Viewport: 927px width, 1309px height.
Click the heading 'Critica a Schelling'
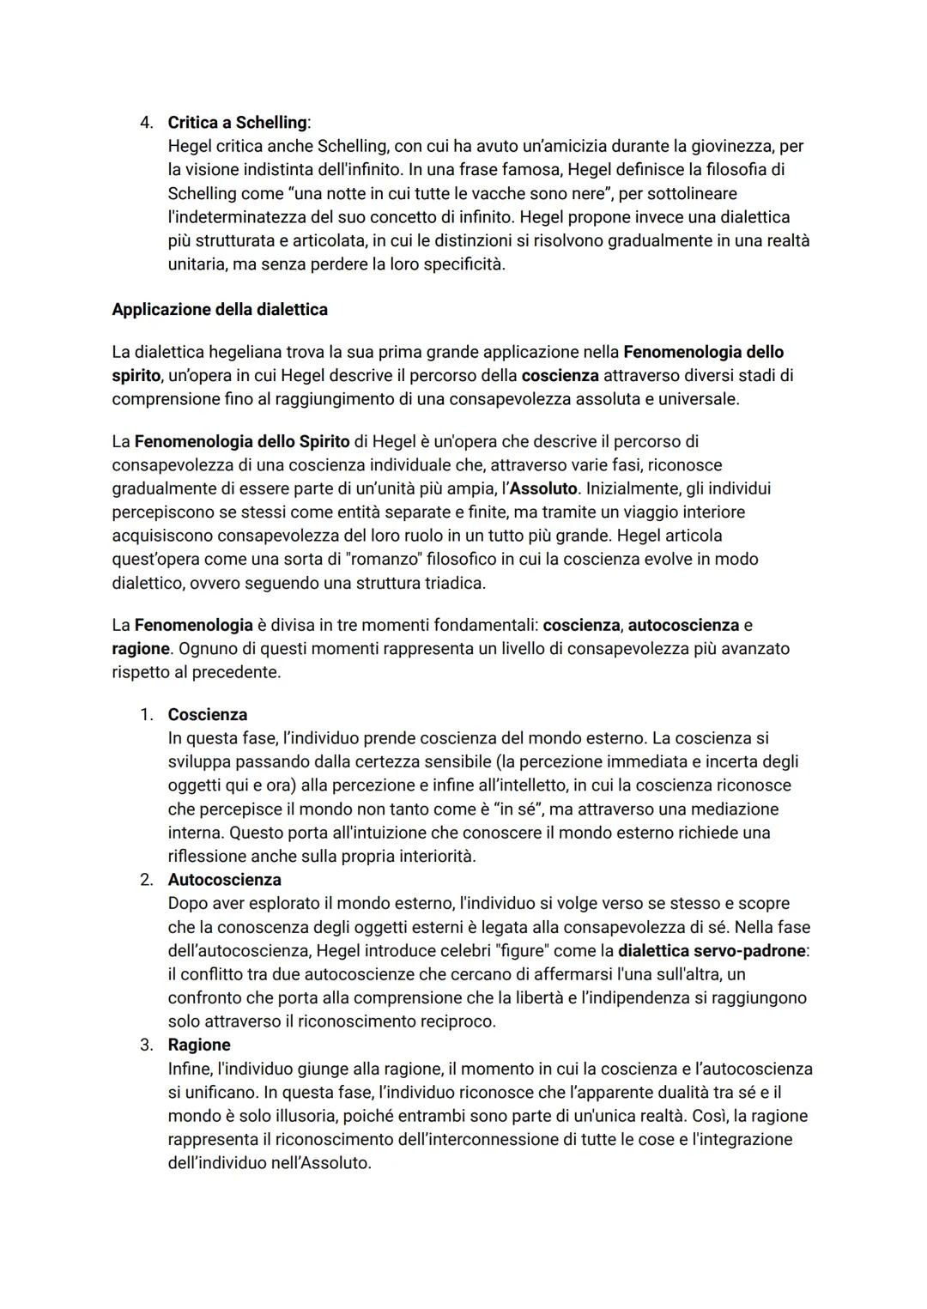pyautogui.click(x=237, y=122)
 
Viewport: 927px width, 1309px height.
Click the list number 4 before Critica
pyautogui.click(x=145, y=122)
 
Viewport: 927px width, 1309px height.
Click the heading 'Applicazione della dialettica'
pyautogui.click(x=220, y=309)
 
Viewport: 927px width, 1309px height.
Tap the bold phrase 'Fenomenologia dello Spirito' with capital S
pyautogui.click(x=242, y=441)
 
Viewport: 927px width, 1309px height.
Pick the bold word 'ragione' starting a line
pyautogui.click(x=140, y=648)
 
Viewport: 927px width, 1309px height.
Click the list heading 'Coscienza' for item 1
pyautogui.click(x=208, y=714)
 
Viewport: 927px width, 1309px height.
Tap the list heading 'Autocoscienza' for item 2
pyautogui.click(x=224, y=879)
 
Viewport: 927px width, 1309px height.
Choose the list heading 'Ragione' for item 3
pyautogui.click(x=199, y=1045)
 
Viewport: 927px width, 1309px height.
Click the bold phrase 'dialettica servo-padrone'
pyautogui.click(x=712, y=950)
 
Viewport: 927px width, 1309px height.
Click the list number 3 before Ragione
pyautogui.click(x=145, y=1045)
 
